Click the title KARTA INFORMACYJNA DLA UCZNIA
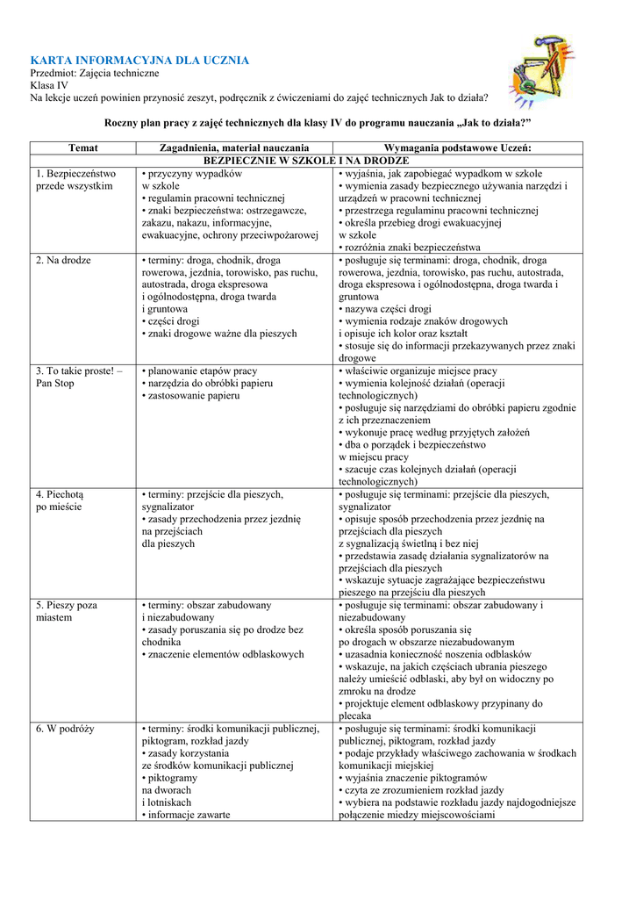click(140, 60)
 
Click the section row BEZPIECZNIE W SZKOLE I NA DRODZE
click(306, 161)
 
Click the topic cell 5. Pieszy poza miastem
click(67, 611)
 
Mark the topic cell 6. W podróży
click(66, 729)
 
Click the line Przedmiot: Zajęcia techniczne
click(89, 73)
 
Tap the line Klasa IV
click(49, 85)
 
